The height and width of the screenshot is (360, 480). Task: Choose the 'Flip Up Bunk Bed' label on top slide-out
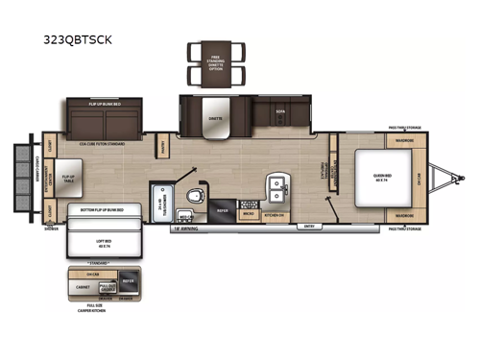tap(103, 103)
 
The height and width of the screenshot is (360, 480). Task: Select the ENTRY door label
tap(310, 228)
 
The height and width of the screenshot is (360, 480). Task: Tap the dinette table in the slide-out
tap(215, 118)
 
